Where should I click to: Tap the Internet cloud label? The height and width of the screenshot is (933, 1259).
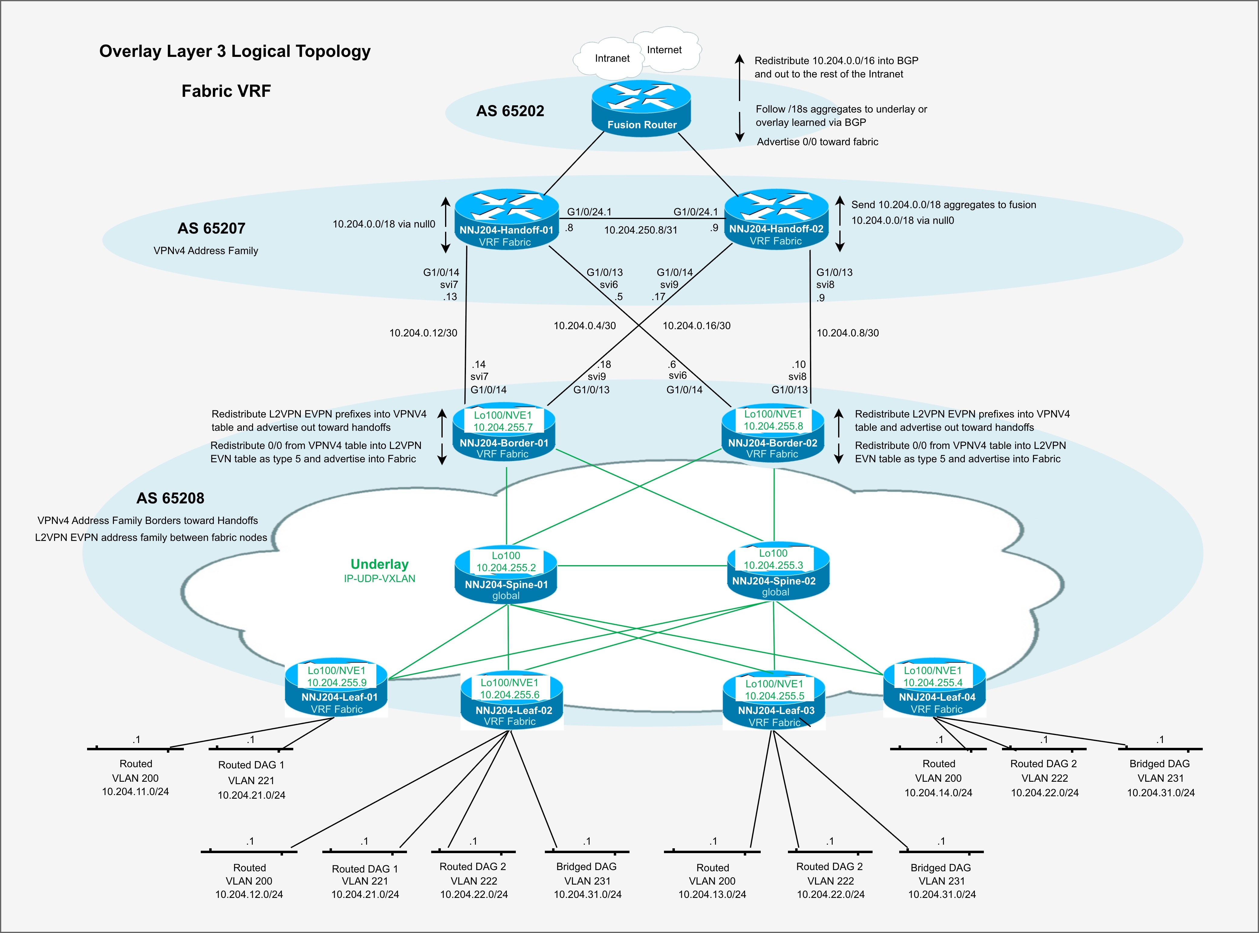664,50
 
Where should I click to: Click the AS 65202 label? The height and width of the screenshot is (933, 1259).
510,111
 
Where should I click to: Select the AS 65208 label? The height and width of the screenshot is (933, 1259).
171,498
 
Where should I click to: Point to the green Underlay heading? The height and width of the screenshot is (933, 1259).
379,564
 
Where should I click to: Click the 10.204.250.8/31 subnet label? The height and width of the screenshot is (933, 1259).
640,230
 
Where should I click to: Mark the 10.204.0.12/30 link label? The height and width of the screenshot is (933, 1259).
423,333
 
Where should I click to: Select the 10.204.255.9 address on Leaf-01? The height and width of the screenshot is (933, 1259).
336,682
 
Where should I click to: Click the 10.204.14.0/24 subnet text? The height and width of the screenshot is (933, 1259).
938,792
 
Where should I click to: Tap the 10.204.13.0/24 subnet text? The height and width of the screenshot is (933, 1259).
712,894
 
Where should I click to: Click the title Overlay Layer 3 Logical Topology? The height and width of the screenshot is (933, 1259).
235,51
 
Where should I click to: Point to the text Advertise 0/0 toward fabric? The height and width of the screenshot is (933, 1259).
817,142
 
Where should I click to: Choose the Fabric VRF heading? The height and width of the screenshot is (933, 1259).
226,91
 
